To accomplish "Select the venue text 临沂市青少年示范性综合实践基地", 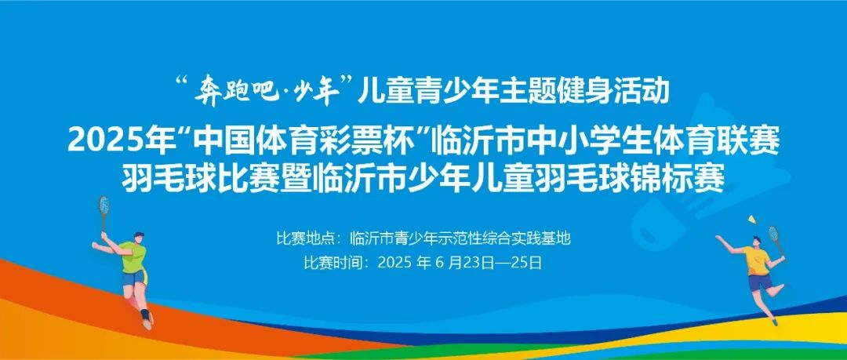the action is pos(460,238).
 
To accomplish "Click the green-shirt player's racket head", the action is pos(104,205).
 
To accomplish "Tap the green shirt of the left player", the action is pos(133,256).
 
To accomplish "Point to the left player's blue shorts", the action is pos(134,278).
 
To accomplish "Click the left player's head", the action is pos(138,238).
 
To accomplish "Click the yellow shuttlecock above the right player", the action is pos(751,220).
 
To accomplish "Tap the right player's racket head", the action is pos(773,234).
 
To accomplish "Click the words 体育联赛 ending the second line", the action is pos(725,142).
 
